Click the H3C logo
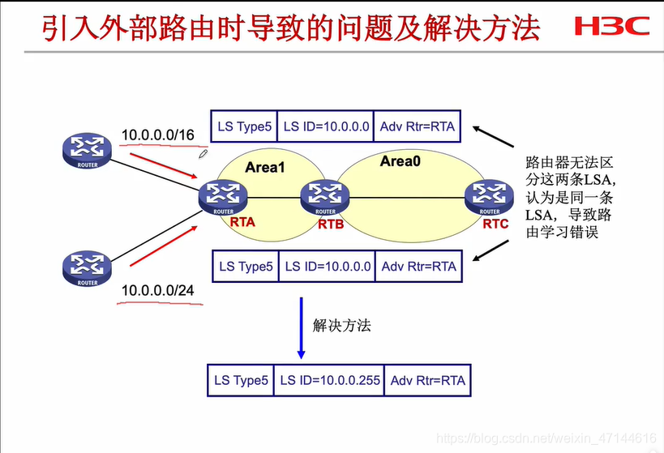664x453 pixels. pos(611,27)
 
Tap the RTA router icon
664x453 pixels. pos(222,195)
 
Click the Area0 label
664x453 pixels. pos(403,161)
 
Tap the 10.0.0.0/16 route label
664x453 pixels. pos(157,135)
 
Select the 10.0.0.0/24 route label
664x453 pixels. pos(157,290)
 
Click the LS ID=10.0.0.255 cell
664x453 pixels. pos(329,380)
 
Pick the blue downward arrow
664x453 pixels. pos(301,328)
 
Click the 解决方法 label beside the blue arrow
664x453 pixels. pos(341,326)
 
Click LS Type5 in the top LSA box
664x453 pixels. pos(243,126)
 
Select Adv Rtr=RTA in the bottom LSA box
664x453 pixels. pos(418,266)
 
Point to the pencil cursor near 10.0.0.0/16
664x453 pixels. pos(204,152)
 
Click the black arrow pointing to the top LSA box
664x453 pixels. pos(492,137)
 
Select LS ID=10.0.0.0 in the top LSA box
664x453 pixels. pos(327,126)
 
